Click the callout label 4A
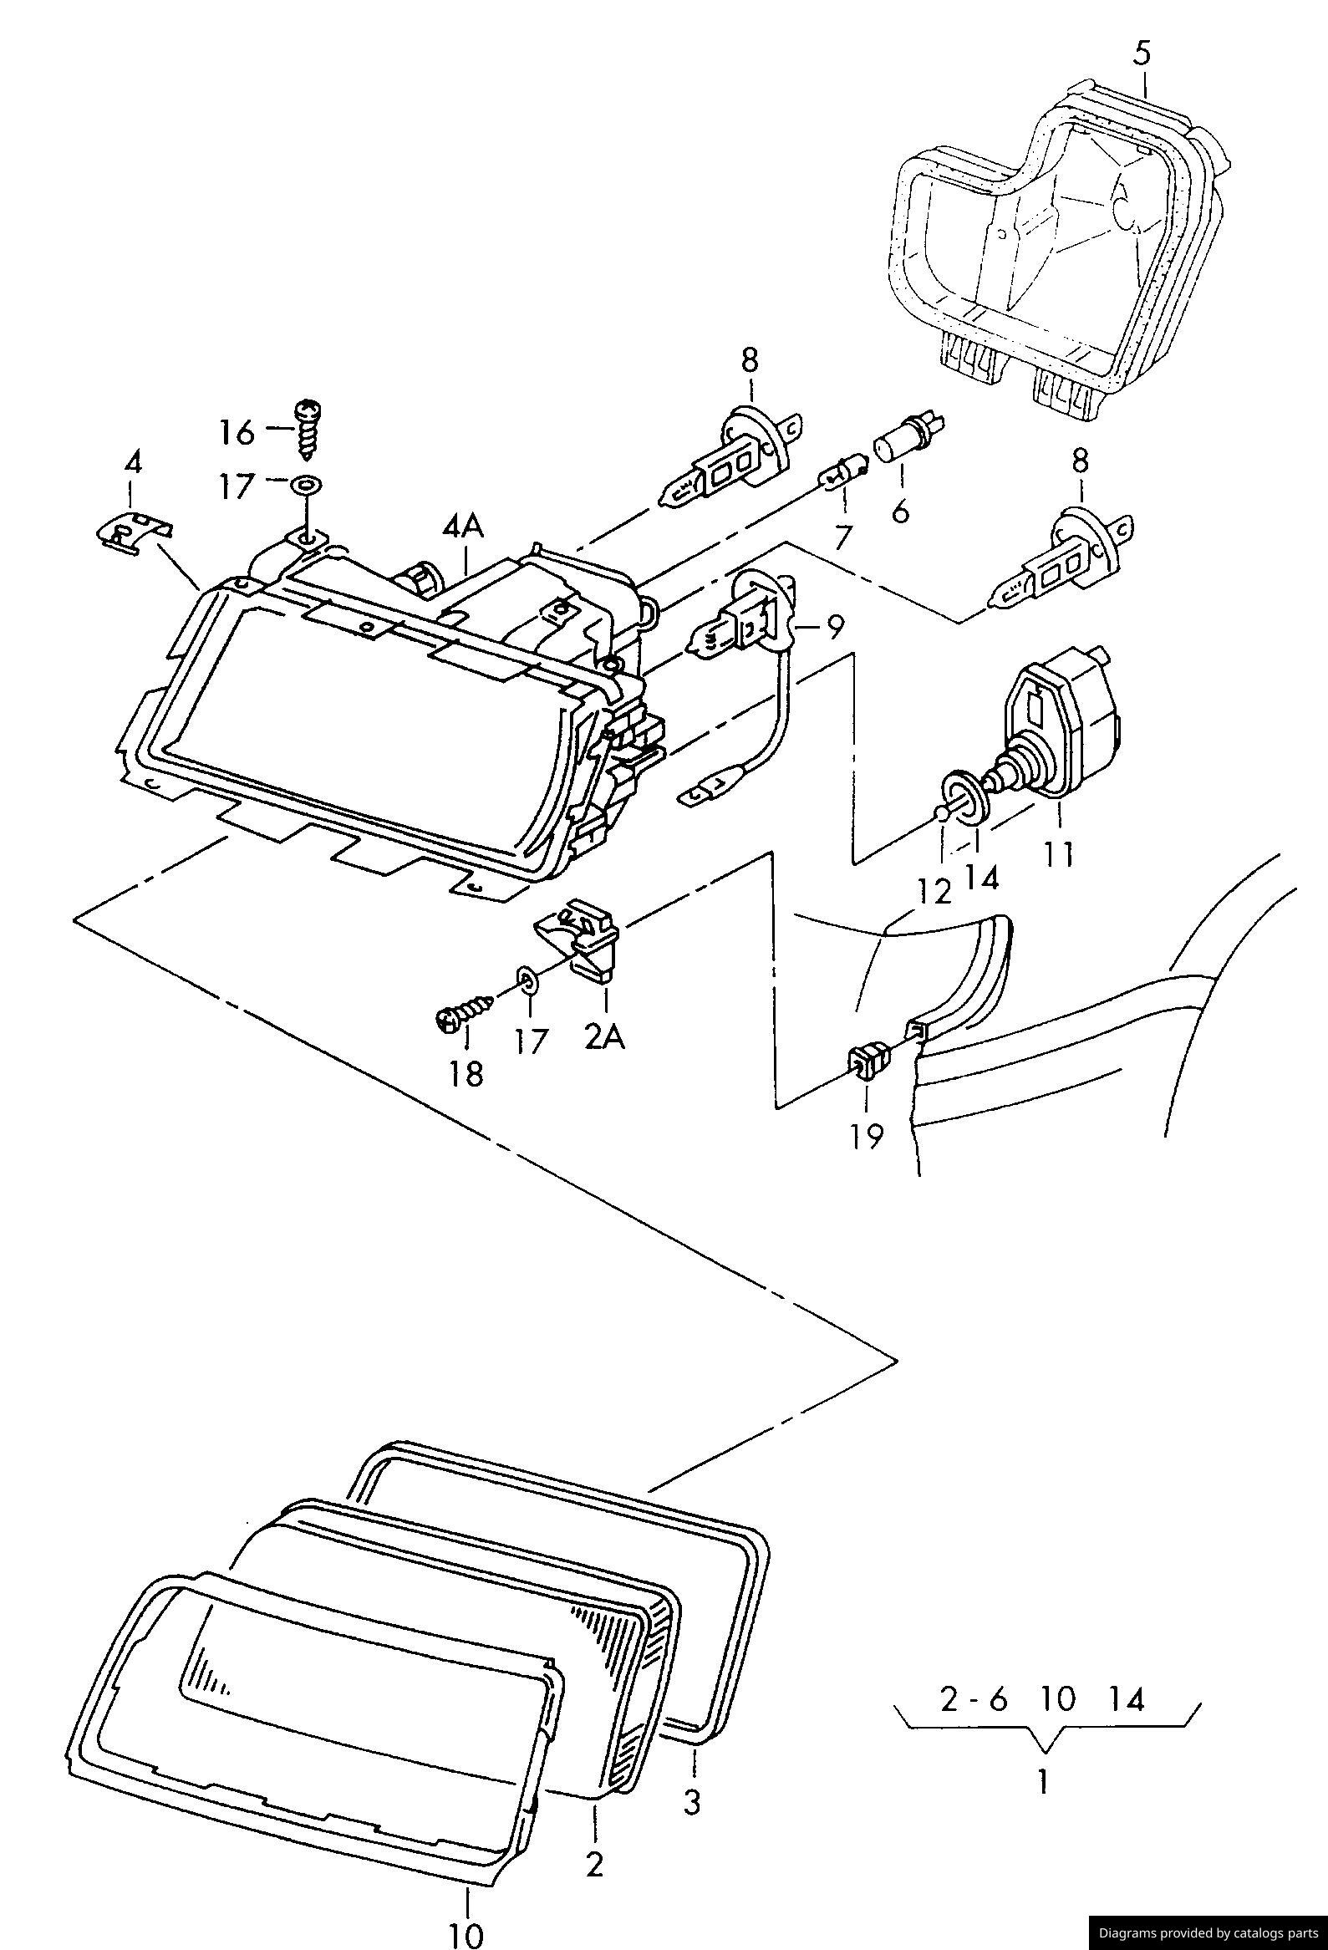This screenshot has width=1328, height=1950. click(x=464, y=527)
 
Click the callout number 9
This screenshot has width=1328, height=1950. click(x=834, y=628)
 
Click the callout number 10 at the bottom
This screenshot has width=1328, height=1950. click(x=466, y=1932)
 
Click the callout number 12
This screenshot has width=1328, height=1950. click(x=934, y=891)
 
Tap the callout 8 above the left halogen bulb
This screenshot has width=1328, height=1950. click(x=749, y=360)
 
